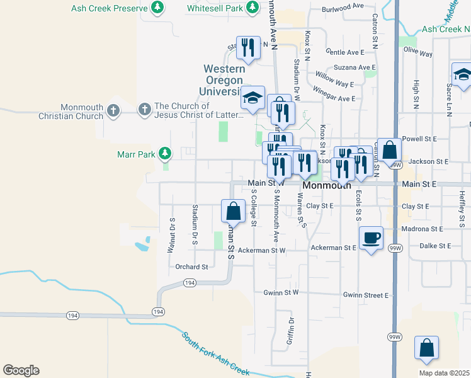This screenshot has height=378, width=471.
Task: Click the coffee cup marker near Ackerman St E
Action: pyautogui.click(x=371, y=238)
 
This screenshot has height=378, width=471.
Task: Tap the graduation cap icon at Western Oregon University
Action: pyautogui.click(x=253, y=98)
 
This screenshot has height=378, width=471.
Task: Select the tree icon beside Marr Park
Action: pyautogui.click(x=164, y=153)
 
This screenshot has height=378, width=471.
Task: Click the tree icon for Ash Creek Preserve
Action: pyautogui.click(x=157, y=9)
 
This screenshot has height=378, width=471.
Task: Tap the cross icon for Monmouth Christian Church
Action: pyautogui.click(x=113, y=110)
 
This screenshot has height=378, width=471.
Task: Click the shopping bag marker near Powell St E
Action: pyautogui.click(x=390, y=150)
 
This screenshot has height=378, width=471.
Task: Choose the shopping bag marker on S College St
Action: pyautogui.click(x=233, y=210)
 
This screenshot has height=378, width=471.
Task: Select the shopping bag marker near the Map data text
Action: pyautogui.click(x=426, y=348)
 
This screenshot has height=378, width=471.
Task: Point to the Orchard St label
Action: pyautogui.click(x=191, y=267)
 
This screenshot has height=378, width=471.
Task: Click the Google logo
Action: pyautogui.click(x=21, y=370)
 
